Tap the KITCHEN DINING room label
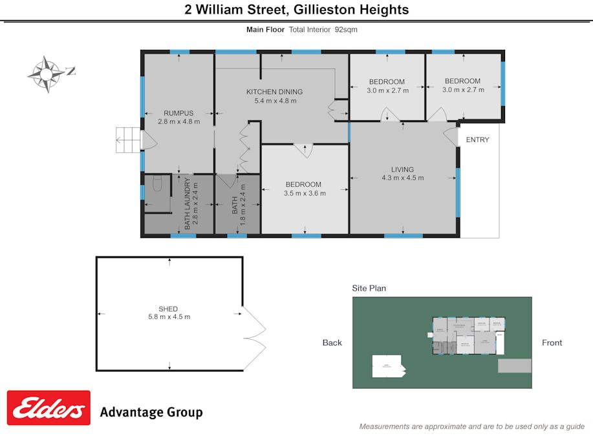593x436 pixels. (x=274, y=92)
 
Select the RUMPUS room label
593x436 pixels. (x=178, y=112)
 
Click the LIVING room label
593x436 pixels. (x=402, y=170)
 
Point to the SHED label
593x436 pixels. (x=169, y=309)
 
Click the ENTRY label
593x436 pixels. (x=477, y=140)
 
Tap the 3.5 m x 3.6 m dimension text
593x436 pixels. (x=305, y=192)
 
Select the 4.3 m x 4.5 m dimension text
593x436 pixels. (x=402, y=178)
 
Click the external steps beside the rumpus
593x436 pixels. (x=127, y=140)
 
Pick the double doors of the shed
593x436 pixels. (x=254, y=338)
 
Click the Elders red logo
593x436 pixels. (x=49, y=408)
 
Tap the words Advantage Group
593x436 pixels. (x=151, y=412)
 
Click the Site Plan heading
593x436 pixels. (x=369, y=288)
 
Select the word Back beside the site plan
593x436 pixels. (x=332, y=343)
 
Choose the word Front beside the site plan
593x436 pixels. (x=552, y=343)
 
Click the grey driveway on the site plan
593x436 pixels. (x=514, y=366)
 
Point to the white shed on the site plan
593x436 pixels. (x=387, y=366)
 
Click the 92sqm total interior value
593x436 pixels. (x=346, y=30)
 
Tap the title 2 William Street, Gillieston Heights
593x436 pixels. (x=296, y=10)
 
